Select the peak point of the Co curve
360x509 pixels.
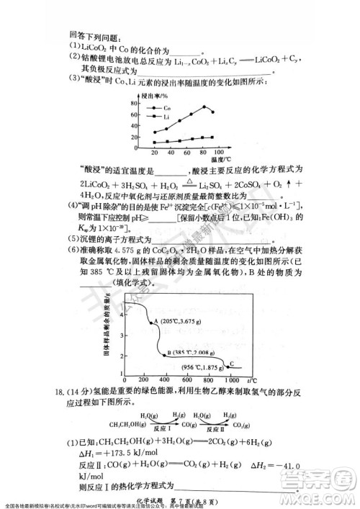click(x=204, y=107)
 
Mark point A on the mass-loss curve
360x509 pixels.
click(x=151, y=321)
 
